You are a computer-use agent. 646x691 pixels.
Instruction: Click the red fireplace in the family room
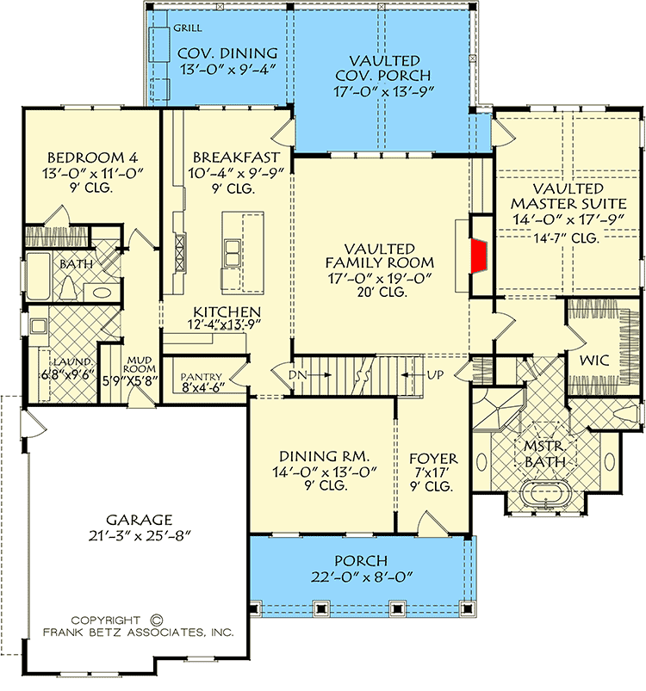pyautogui.click(x=480, y=256)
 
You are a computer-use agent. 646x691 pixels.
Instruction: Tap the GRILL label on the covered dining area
pyautogui.click(x=188, y=28)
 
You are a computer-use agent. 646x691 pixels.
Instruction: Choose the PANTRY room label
pyautogui.click(x=202, y=376)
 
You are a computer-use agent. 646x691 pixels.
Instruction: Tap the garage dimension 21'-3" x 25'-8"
pyautogui.click(x=140, y=535)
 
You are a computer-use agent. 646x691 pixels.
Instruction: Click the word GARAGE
pyautogui.click(x=140, y=519)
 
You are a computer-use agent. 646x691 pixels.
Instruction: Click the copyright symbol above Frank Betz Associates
pyautogui.click(x=156, y=618)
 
